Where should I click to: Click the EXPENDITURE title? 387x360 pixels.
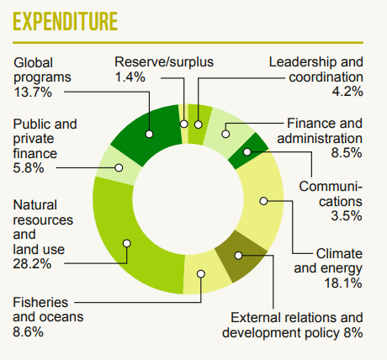click(x=65, y=21)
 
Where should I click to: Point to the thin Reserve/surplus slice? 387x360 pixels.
click(x=183, y=124)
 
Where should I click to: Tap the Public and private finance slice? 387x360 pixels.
click(x=118, y=167)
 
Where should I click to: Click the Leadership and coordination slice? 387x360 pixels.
click(x=199, y=124)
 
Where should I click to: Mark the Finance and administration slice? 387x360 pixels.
click(x=227, y=132)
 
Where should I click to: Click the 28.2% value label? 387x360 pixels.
click(x=32, y=263)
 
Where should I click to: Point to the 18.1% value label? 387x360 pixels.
click(x=343, y=283)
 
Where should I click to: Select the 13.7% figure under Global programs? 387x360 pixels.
click(x=33, y=92)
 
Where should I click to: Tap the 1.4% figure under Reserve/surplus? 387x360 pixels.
click(x=130, y=77)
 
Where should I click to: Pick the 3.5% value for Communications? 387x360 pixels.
click(x=347, y=216)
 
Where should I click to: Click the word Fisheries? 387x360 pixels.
click(x=40, y=303)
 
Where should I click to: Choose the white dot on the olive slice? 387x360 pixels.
click(x=238, y=256)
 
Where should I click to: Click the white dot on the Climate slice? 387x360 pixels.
click(x=263, y=201)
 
